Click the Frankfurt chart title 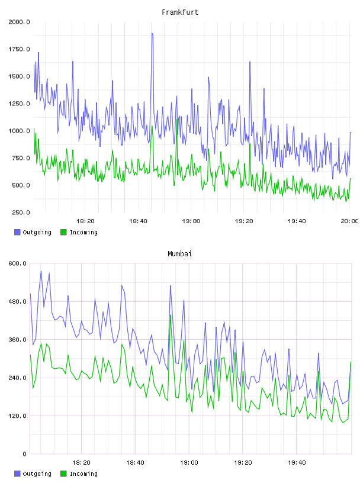pyautogui.click(x=180, y=12)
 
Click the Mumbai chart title pyautogui.click(x=179, y=254)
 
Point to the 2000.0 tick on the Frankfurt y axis pyautogui.click(x=19, y=22)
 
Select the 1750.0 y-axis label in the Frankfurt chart pyautogui.click(x=19, y=49)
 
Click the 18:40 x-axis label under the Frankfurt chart pyautogui.click(x=138, y=221)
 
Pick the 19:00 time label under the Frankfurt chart pyautogui.click(x=191, y=221)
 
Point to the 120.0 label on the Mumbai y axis pyautogui.click(x=17, y=416)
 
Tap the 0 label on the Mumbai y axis pyautogui.click(x=25, y=454)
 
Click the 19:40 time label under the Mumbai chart pyautogui.click(x=297, y=463)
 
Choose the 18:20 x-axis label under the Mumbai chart pyautogui.click(x=81, y=463)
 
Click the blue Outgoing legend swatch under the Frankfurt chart pyautogui.click(x=17, y=232)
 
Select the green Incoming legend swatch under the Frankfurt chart pyautogui.click(x=63, y=232)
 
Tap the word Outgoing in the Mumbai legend pyautogui.click(x=37, y=474)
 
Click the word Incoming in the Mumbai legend pyautogui.click(x=84, y=474)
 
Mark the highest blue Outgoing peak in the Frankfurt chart pyautogui.click(x=152, y=33)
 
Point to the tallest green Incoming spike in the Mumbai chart pyautogui.click(x=170, y=315)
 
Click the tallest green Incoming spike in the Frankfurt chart pyautogui.click(x=177, y=119)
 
